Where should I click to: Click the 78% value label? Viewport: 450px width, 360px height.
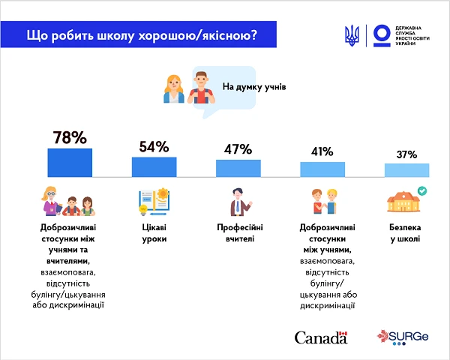point(70,137)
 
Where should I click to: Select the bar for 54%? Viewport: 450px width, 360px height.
point(154,166)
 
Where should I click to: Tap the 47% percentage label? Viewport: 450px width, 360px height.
point(238,148)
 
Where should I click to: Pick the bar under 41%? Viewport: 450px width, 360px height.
point(322,169)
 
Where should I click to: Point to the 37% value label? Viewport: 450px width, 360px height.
point(406,154)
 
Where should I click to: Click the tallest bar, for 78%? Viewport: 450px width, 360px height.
point(70,162)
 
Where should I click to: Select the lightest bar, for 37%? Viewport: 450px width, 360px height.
point(406,170)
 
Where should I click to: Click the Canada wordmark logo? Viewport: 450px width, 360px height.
point(321,337)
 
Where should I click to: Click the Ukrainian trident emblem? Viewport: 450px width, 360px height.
point(351,35)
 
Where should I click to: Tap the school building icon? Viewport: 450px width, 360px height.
point(403,203)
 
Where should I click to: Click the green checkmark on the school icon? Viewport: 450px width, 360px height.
point(421,192)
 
